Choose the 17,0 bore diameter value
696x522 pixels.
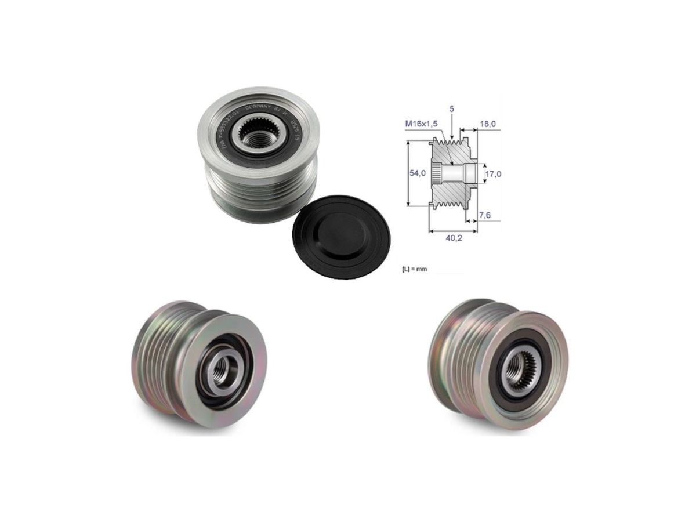[x=492, y=173]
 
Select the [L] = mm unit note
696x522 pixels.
[x=414, y=269]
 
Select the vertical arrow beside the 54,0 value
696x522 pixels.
[x=408, y=173]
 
